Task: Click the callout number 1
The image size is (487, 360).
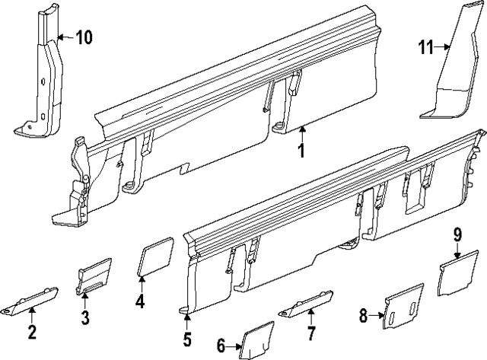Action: click(301, 150)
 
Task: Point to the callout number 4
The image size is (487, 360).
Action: click(140, 301)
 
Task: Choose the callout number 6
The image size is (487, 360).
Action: click(221, 346)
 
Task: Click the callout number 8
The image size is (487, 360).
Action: click(363, 313)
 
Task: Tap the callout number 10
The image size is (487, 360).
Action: click(84, 36)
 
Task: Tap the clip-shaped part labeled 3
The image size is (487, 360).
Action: click(95, 276)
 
